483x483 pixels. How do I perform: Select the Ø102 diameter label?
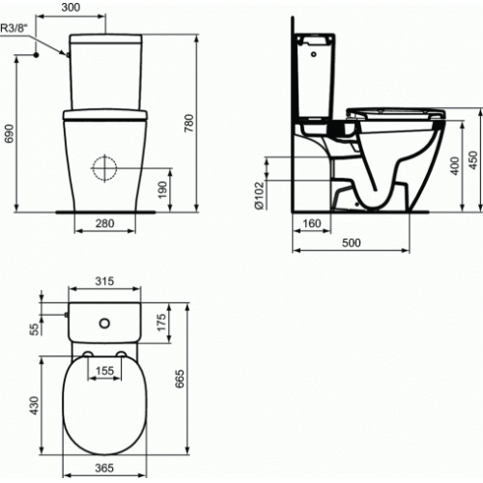260,194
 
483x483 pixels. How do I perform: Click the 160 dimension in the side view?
311,224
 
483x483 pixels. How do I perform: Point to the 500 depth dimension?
351,242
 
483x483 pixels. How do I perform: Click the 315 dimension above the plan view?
105,281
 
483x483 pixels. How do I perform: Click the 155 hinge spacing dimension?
106,369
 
